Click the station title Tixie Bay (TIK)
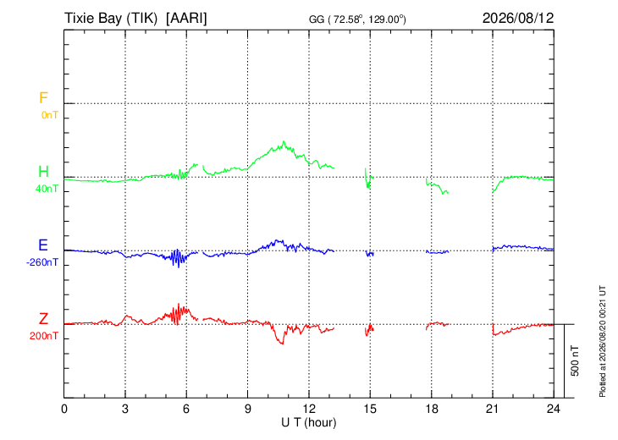[111, 18]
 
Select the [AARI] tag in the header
[186, 18]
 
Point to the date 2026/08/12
[518, 18]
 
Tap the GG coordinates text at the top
[357, 19]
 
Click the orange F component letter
[43, 97]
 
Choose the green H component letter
[43, 172]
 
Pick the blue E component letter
[43, 245]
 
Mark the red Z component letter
[43, 318]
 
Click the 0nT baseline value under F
[50, 115]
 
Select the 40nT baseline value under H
[47, 189]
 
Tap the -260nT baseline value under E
[42, 262]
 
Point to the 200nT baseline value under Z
[43, 336]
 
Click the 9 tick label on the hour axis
[247, 409]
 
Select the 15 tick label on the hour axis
[370, 409]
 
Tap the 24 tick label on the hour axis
[554, 409]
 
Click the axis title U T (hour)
[309, 423]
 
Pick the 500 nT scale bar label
[575, 360]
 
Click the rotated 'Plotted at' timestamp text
[602, 341]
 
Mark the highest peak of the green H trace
[284, 141]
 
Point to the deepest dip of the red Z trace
[282, 344]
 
